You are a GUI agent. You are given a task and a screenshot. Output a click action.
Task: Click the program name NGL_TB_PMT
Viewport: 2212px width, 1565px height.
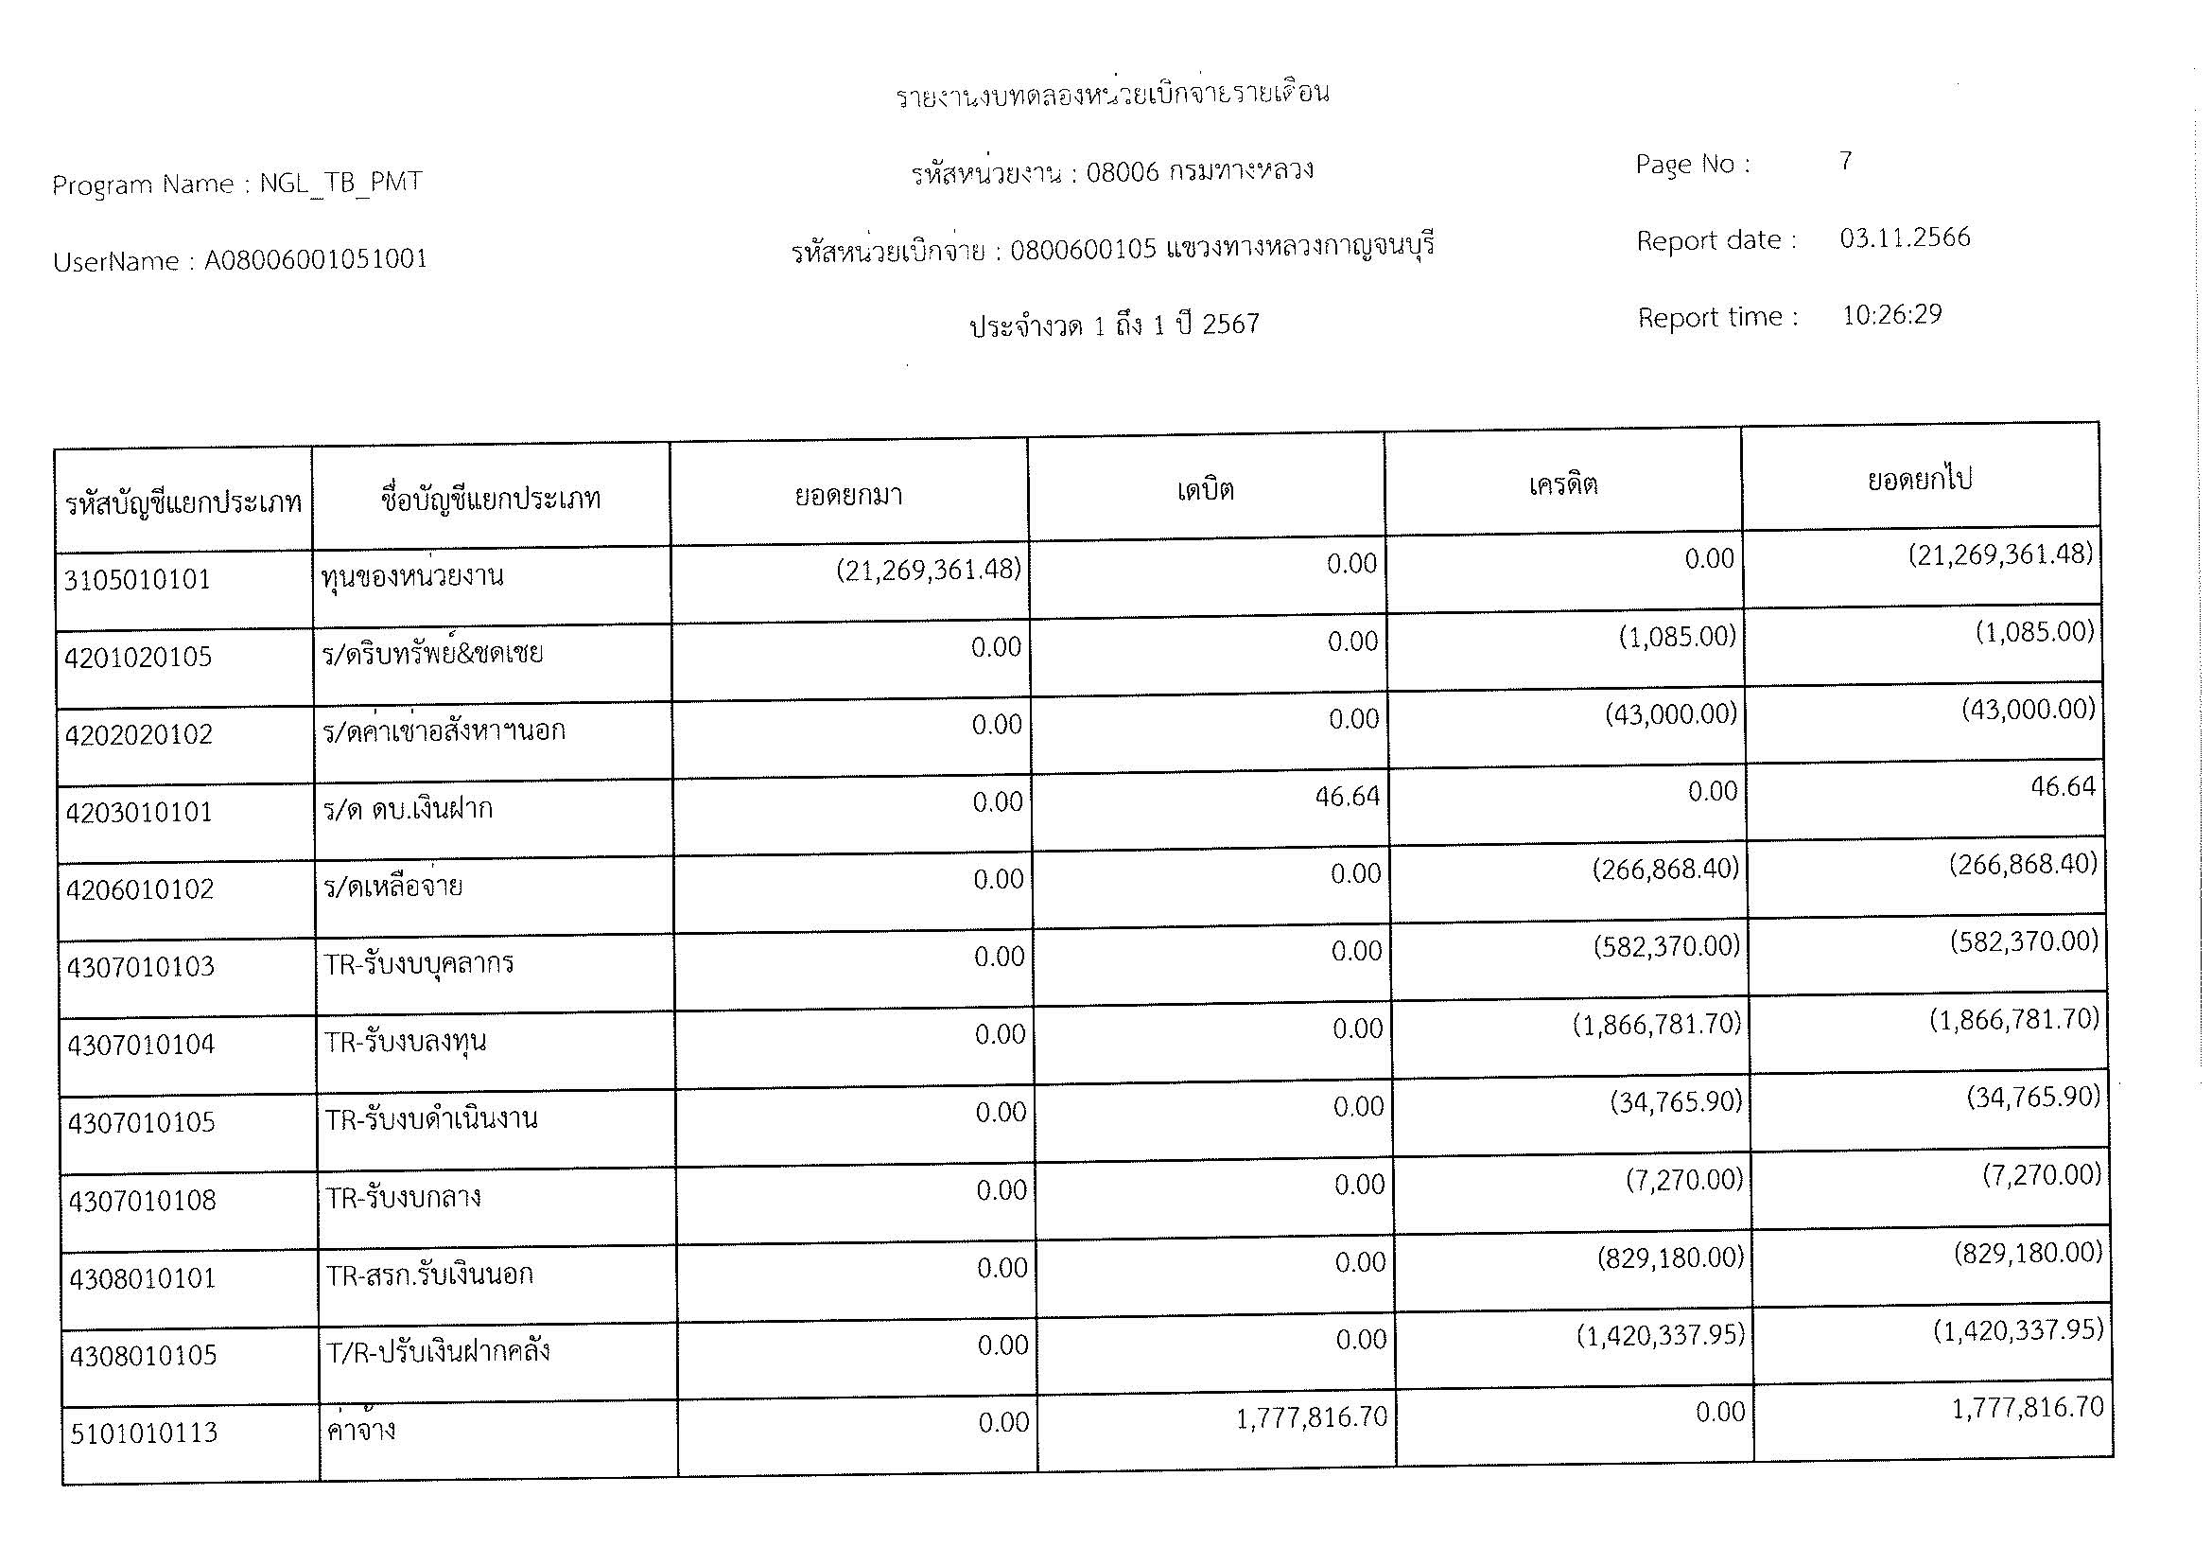click(x=340, y=182)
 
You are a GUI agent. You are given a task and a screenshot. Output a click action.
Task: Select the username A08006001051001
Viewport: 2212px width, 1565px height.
click(x=315, y=259)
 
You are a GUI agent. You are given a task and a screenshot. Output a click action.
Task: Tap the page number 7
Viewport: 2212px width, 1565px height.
click(x=1845, y=160)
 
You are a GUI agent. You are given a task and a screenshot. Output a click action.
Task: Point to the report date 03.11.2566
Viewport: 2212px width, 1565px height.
click(x=1905, y=237)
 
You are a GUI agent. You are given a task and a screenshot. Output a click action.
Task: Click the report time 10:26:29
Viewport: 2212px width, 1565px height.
click(x=1891, y=314)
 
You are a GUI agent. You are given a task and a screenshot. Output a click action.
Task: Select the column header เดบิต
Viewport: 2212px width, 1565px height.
click(x=1204, y=489)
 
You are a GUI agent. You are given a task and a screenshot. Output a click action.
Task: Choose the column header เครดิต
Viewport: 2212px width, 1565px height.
click(x=1562, y=484)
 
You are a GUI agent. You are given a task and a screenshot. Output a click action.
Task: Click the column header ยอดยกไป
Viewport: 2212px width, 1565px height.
click(x=1919, y=479)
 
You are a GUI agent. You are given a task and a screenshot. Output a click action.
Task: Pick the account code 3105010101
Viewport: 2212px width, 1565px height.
click(x=137, y=579)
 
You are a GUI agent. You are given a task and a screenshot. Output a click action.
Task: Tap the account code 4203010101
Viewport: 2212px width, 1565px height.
click(x=139, y=813)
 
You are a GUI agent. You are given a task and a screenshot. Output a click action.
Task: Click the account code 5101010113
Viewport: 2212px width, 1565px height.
click(x=144, y=1433)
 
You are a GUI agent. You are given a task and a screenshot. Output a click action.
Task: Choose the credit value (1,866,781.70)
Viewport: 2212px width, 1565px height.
click(x=1656, y=1024)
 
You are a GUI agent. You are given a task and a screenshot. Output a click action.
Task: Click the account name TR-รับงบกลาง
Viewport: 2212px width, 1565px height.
click(x=403, y=1198)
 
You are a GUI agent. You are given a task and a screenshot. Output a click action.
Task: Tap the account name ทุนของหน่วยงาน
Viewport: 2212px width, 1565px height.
click(x=412, y=576)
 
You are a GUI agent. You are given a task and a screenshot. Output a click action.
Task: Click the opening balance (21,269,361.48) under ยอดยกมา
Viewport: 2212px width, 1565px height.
click(x=928, y=570)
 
